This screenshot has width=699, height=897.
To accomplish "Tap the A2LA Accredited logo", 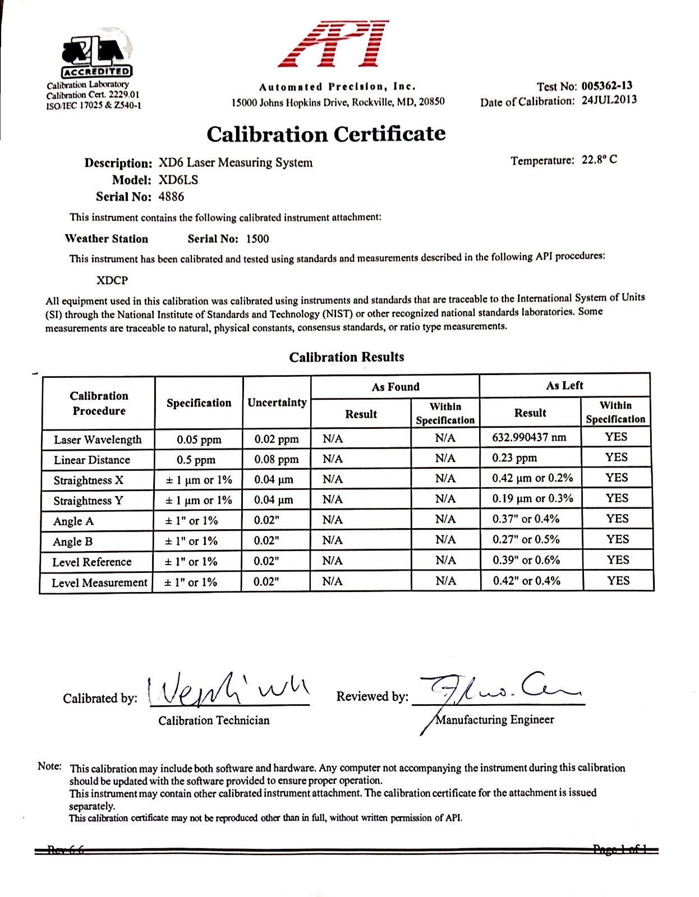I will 97,56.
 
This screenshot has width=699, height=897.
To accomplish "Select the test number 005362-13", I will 606,86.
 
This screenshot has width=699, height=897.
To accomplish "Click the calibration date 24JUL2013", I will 609,101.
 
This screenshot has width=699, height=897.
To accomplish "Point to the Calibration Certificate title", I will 326,134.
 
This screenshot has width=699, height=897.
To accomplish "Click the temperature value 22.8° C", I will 599,160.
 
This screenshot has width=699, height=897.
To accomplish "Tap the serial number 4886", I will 171,197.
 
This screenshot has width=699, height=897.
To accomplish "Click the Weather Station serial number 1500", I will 257,239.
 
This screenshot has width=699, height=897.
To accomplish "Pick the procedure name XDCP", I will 112,280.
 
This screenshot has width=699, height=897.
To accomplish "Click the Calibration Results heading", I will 346,357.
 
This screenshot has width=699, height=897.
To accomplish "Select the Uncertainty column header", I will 277,403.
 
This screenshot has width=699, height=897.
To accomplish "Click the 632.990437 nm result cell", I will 529,437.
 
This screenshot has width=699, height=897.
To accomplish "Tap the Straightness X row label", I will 88,480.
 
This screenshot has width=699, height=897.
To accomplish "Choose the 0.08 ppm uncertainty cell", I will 276,460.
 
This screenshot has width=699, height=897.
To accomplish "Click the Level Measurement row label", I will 99,582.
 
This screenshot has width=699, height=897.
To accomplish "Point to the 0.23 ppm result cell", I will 514,458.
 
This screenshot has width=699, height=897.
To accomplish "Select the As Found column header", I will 395,387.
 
